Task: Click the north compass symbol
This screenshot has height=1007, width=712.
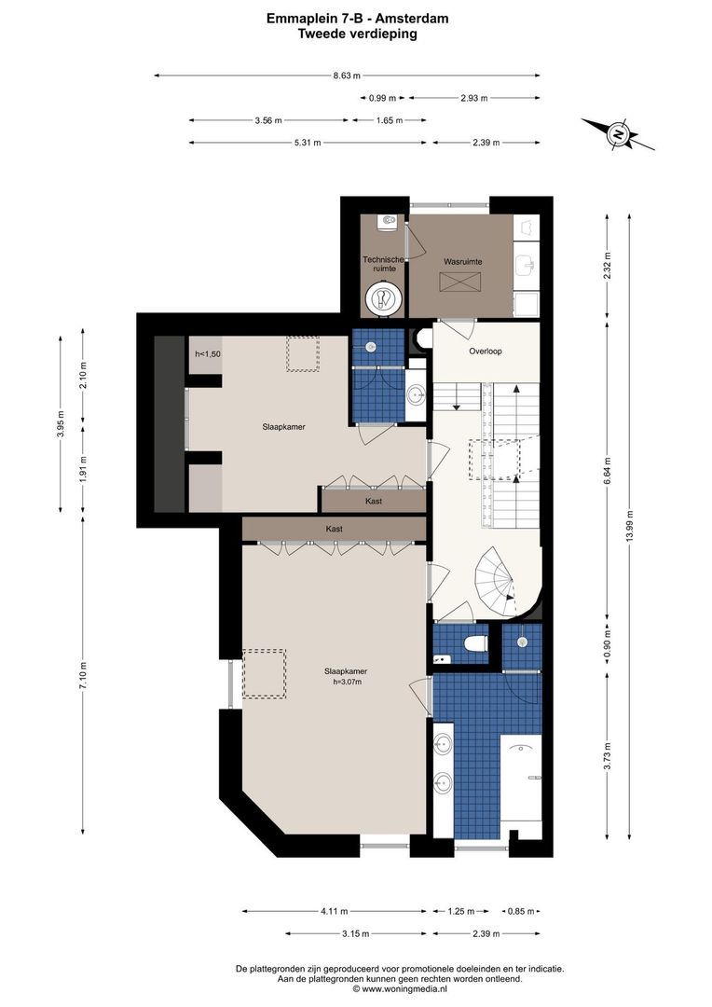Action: (618, 135)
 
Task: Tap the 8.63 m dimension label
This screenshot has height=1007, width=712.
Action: (346, 76)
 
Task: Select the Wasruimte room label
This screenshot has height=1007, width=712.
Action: (463, 262)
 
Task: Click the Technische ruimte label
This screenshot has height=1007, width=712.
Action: (383, 264)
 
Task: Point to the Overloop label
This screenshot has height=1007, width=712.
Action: (486, 352)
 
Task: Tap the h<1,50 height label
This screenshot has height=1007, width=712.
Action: (208, 354)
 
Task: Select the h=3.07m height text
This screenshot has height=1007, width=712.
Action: (347, 682)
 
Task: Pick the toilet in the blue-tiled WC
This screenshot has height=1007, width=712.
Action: (475, 642)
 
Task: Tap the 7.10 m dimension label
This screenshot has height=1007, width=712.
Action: (82, 675)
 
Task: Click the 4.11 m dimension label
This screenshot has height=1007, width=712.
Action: (335, 911)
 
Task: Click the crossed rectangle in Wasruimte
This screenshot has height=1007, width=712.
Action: (459, 282)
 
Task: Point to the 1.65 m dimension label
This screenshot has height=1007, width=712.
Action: (389, 120)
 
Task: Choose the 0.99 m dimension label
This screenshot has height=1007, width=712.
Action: (382, 98)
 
